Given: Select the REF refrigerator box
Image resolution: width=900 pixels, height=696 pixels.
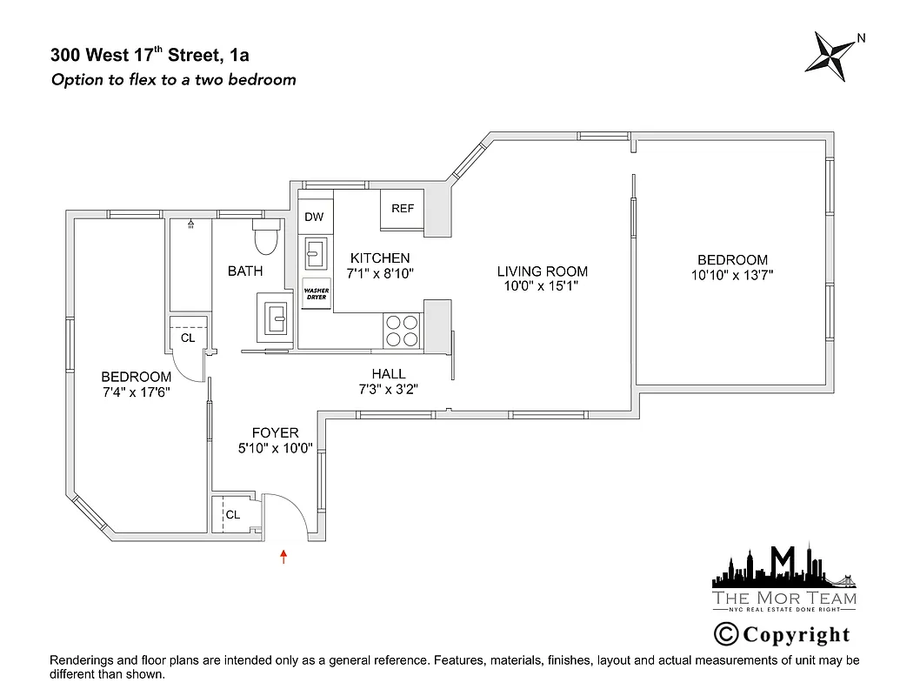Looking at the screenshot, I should [x=403, y=209].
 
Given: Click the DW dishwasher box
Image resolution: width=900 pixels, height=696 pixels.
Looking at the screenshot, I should [x=314, y=217].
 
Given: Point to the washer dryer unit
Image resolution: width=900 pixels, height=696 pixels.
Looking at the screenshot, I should [x=314, y=295].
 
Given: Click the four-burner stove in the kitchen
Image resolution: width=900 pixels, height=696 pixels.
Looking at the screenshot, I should [x=402, y=331].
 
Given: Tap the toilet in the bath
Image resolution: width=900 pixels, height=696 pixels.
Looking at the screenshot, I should [x=264, y=236].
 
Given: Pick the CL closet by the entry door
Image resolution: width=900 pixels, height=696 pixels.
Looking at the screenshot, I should [x=232, y=514].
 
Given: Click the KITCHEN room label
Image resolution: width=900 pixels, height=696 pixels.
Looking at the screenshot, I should [x=380, y=258].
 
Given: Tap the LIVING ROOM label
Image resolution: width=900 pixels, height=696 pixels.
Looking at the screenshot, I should [x=543, y=271].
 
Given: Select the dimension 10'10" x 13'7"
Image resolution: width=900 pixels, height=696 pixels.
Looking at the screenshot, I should [x=732, y=274].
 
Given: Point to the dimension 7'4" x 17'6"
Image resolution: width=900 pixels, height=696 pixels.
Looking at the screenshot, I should [x=136, y=391].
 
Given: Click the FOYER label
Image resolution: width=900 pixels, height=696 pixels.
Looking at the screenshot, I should [x=275, y=432].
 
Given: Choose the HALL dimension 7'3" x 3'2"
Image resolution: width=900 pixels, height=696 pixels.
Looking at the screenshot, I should [x=389, y=389].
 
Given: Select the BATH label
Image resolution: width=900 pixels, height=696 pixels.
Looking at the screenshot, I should [x=245, y=271].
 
